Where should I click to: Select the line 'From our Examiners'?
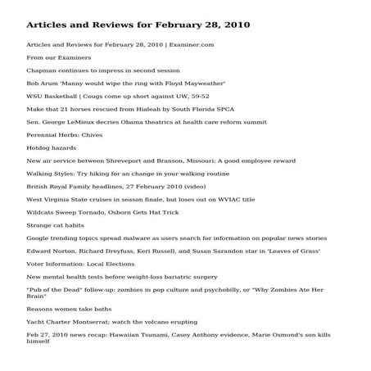[x=58, y=58]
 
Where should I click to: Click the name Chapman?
[x=41, y=71]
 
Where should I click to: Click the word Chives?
[x=95, y=134]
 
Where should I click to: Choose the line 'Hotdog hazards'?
[x=51, y=147]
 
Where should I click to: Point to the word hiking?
[x=108, y=174]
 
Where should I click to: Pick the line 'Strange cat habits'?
[x=56, y=224]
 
